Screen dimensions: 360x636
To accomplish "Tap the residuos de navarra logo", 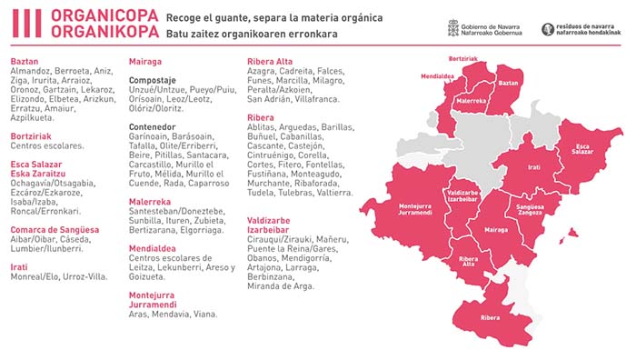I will tap(585, 28).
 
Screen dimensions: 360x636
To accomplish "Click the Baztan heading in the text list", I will tap(24, 61).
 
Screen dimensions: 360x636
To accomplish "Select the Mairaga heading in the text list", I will tap(145, 61).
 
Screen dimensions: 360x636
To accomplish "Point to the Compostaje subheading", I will tap(153, 80).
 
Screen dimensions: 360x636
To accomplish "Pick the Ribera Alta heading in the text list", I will tap(270, 61).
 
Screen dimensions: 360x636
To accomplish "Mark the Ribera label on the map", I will tap(492, 318).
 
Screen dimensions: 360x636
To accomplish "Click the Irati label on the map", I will tap(535, 167).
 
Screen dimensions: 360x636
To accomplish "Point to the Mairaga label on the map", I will tap(496, 230).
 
